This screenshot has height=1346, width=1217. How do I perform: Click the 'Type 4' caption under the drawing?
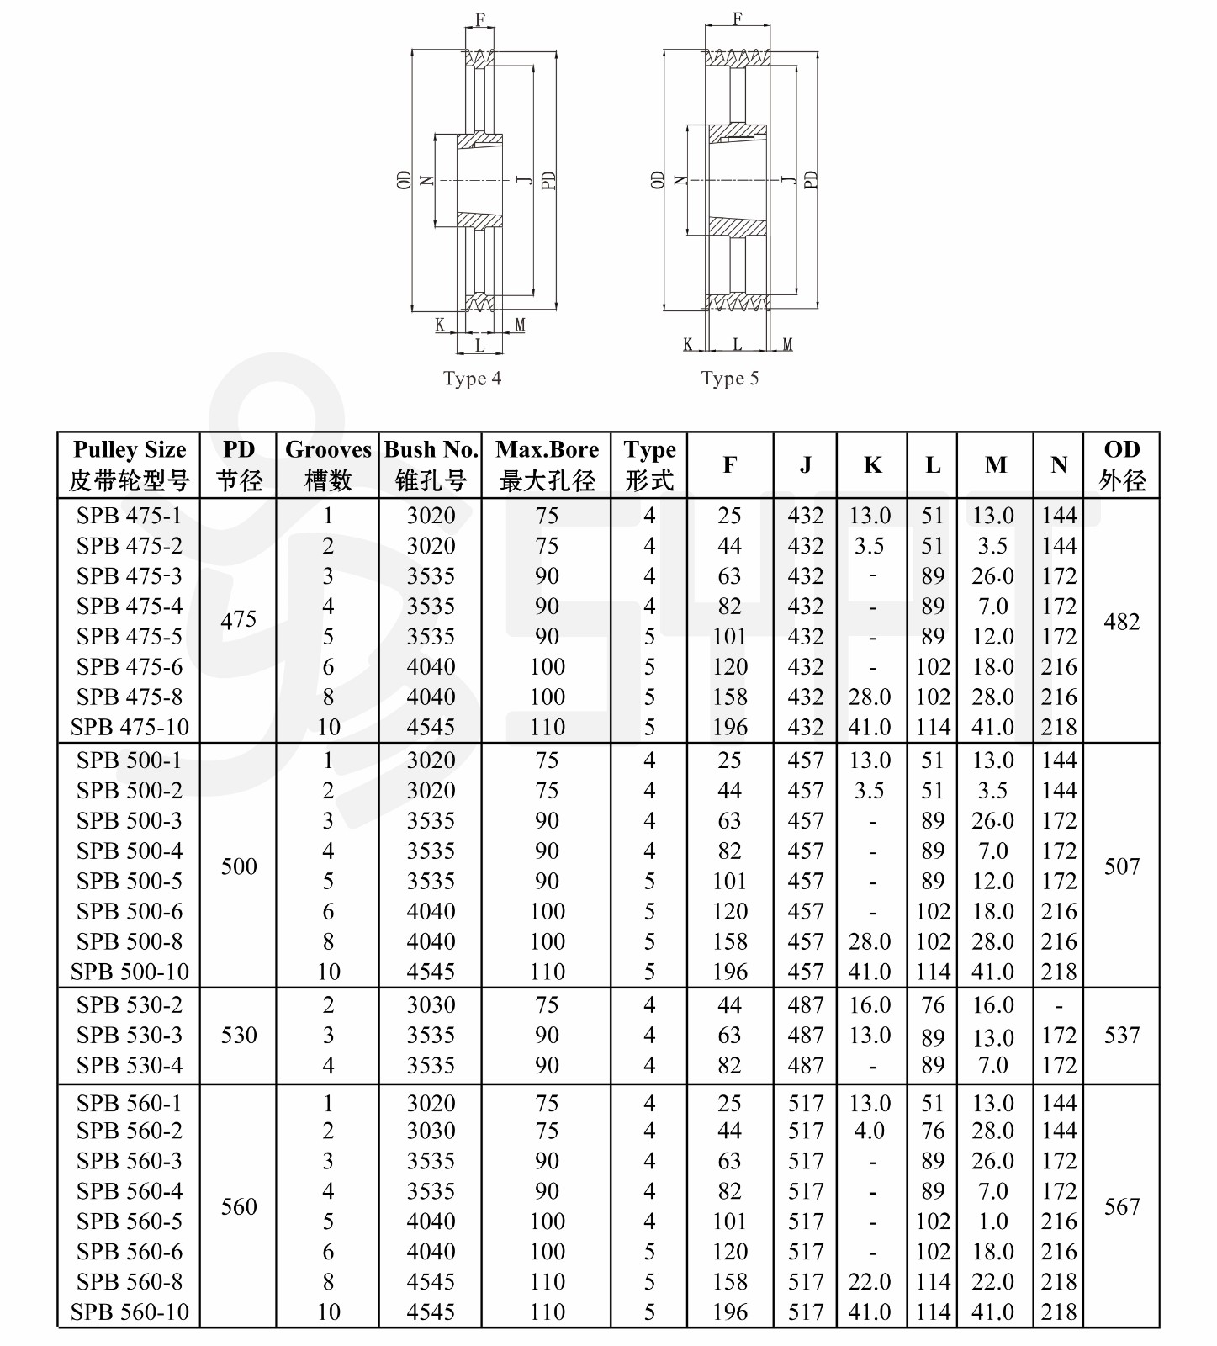472,379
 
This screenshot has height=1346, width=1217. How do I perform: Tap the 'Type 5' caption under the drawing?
729,379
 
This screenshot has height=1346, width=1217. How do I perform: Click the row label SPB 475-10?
130,727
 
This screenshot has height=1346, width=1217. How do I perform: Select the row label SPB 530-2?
130,1004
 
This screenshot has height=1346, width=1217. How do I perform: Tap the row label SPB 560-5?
130,1221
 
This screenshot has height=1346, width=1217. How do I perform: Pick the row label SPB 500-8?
130,941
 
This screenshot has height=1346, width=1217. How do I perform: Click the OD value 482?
1122,622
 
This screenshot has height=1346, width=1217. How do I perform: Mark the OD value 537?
1122,1035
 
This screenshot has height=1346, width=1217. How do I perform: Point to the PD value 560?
239,1207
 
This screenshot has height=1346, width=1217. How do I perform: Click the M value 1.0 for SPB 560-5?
993,1221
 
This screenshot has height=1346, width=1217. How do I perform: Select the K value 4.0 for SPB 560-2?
870,1131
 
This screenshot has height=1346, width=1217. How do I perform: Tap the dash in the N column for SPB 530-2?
1059,1006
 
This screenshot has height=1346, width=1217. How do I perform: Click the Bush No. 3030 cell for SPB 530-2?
431,1004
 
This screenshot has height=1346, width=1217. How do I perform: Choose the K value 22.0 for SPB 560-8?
870,1282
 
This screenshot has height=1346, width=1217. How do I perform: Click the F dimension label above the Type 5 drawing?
738,19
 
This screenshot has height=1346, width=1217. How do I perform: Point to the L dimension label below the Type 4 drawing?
479,345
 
